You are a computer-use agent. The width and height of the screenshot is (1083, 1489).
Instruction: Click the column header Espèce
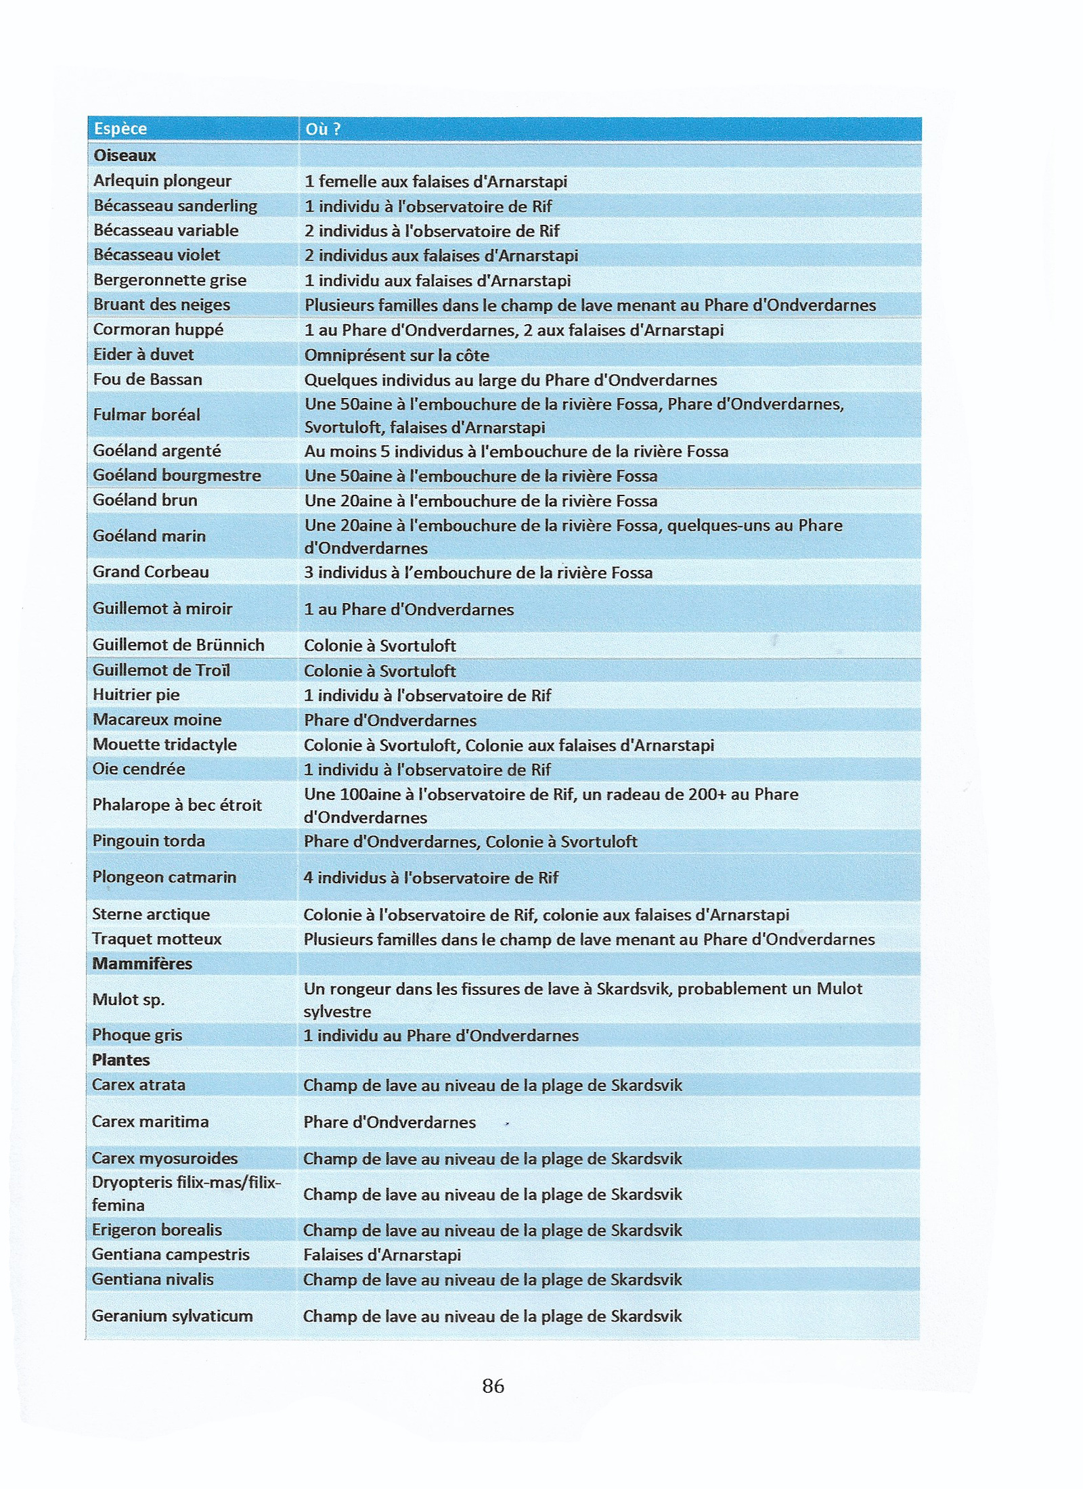(120, 129)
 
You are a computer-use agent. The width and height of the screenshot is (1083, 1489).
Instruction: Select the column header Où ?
(322, 129)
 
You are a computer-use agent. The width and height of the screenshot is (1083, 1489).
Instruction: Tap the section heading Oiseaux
(125, 156)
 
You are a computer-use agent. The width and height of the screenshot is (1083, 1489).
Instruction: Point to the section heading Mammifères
(142, 963)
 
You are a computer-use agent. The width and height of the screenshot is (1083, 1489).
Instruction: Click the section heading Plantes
(120, 1060)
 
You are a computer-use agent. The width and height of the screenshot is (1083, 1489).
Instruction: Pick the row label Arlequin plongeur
(162, 181)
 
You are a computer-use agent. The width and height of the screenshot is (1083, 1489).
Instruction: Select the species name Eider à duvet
(143, 355)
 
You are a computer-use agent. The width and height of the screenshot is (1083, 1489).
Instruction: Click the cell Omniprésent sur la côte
(397, 355)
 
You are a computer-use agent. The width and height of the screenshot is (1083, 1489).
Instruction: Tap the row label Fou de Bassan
(148, 380)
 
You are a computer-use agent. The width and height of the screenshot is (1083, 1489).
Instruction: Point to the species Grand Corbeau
(151, 572)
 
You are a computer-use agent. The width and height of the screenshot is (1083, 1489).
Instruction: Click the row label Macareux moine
(157, 719)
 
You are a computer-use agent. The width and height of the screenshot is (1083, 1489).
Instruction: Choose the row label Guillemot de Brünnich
(179, 645)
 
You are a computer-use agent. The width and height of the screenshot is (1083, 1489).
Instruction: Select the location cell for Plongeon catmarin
(431, 878)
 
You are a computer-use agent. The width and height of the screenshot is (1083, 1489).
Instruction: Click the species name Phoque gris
(137, 1035)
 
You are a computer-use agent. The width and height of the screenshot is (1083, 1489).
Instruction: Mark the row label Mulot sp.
(129, 1000)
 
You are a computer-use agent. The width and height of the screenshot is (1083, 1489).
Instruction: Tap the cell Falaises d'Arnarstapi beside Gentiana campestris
(382, 1255)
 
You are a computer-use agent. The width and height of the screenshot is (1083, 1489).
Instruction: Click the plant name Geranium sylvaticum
(172, 1316)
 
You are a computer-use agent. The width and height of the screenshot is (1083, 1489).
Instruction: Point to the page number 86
(493, 1386)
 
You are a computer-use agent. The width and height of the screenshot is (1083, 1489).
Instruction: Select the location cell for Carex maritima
(390, 1122)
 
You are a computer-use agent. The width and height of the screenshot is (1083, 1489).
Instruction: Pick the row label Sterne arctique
(151, 914)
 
